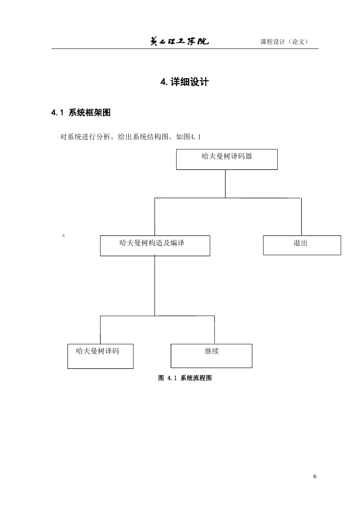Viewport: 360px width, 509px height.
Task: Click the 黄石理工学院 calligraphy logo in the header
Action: click(x=179, y=41)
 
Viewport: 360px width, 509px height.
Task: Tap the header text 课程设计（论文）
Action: click(x=284, y=42)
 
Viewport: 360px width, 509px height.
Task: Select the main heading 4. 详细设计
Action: click(x=184, y=82)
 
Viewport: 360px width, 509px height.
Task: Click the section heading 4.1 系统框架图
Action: click(x=81, y=112)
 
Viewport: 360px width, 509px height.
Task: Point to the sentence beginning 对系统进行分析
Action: click(x=130, y=137)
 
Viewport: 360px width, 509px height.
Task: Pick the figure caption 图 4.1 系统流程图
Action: click(x=185, y=378)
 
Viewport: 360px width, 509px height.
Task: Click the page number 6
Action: click(x=315, y=476)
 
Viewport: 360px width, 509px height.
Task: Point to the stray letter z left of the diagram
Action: click(x=63, y=235)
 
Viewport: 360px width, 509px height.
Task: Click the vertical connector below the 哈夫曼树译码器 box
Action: click(x=225, y=184)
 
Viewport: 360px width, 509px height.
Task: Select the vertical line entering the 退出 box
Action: click(x=301, y=217)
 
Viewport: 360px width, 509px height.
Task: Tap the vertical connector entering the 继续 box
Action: click(x=214, y=330)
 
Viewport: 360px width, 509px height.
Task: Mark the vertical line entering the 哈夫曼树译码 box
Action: click(x=100, y=330)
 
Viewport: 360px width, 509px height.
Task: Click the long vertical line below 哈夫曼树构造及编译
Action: click(x=155, y=286)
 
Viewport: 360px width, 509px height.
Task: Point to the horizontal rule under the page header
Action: click(x=185, y=48)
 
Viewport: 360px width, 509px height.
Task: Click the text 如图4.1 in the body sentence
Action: click(x=188, y=137)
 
